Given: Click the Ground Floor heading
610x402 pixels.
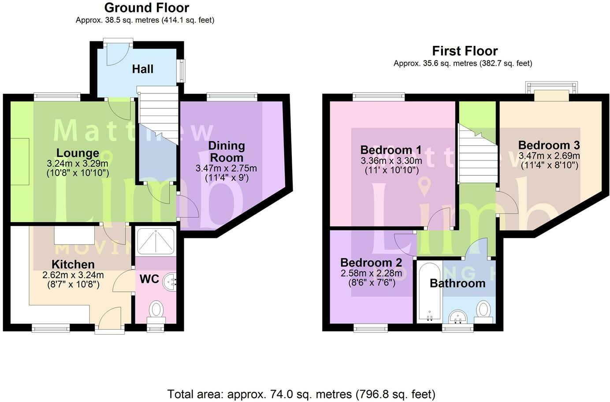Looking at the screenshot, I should [147, 7].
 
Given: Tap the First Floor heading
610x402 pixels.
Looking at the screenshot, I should [465, 51].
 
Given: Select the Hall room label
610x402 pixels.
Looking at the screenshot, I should [143, 69].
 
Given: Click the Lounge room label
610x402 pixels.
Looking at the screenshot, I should [78, 153].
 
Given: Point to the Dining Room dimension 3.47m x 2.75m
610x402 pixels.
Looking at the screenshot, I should [226, 168].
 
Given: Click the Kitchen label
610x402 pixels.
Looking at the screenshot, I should [73, 264].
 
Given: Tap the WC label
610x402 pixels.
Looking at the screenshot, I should [149, 279].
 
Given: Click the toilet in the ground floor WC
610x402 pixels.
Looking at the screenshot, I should [156, 309].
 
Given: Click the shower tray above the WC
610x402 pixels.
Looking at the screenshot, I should [156, 242].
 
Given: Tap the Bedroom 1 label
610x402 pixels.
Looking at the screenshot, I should [391, 150].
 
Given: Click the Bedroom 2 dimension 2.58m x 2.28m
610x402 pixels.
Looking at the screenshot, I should [371, 273].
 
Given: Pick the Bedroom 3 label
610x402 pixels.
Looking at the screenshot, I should [549, 145].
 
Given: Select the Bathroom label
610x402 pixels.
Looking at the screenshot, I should [457, 283].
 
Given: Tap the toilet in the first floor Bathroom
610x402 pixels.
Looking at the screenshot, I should [484, 309].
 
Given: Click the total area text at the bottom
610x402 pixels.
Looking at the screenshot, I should [301, 394].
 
